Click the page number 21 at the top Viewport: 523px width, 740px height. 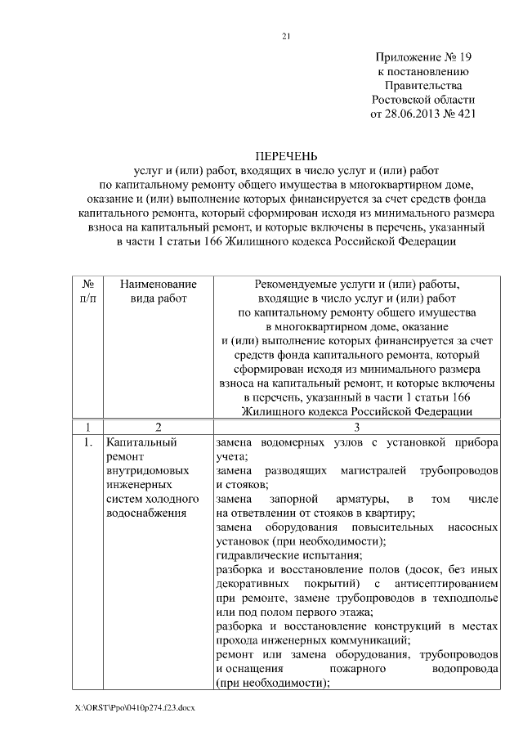tap(286, 36)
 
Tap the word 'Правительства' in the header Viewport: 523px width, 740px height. tap(423, 85)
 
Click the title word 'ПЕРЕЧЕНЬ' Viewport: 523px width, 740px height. tap(286, 155)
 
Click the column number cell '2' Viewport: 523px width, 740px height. tap(158, 427)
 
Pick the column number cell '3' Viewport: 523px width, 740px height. tap(356, 427)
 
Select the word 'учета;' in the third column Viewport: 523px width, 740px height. tap(232, 457)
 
